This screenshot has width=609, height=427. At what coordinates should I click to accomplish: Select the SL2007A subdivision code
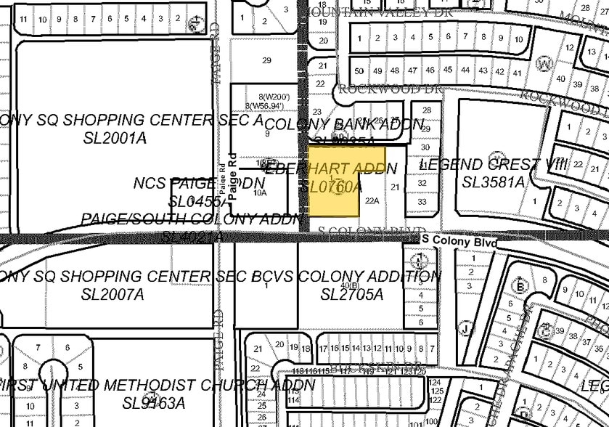(113, 295)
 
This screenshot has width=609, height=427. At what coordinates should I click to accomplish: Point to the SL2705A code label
(351, 295)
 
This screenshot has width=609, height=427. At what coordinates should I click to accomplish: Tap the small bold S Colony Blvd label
(459, 240)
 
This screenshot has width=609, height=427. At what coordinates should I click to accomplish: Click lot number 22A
(372, 200)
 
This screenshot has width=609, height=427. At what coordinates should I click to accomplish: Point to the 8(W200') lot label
(274, 97)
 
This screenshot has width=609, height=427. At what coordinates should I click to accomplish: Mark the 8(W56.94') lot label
(267, 106)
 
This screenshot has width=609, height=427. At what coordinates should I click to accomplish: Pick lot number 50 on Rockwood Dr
(359, 70)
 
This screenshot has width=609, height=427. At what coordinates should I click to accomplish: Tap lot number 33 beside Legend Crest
(422, 201)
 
